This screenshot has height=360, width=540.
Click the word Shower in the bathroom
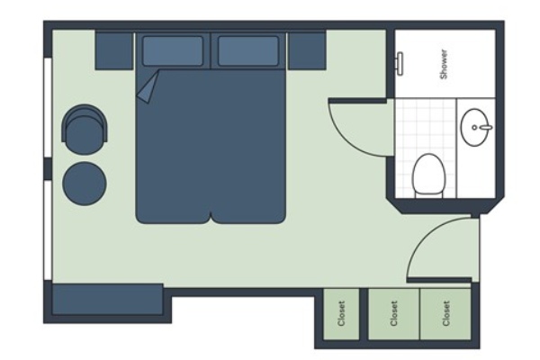pyautogui.click(x=445, y=64)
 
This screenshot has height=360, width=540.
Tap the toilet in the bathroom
pyautogui.click(x=428, y=175)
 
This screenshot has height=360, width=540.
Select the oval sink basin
pyautogui.click(x=476, y=127)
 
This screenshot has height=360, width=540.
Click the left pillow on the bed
pyautogui.click(x=173, y=50)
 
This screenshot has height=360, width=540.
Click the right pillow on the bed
pyautogui.click(x=248, y=50)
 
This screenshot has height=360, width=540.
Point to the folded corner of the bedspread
pyautogui.click(x=148, y=86)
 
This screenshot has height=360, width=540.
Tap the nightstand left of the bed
pyautogui.click(x=114, y=51)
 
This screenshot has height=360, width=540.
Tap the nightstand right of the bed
pyautogui.click(x=307, y=51)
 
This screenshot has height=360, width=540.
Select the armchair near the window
pyautogui.click(x=85, y=130)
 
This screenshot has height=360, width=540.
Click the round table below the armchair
pyautogui.click(x=85, y=184)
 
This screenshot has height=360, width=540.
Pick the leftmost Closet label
pyautogui.click(x=341, y=313)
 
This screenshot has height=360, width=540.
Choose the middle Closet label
pyautogui.click(x=394, y=313)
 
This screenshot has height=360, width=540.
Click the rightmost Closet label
pyautogui.click(x=446, y=313)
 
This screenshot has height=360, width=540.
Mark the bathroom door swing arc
pyautogui.click(x=346, y=140)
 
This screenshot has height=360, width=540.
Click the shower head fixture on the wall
pyautogui.click(x=400, y=63)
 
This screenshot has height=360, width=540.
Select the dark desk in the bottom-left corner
pyautogui.click(x=107, y=300)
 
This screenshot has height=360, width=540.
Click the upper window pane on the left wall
pyautogui.click(x=48, y=107)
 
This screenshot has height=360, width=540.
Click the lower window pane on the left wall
pyautogui.click(x=48, y=230)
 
